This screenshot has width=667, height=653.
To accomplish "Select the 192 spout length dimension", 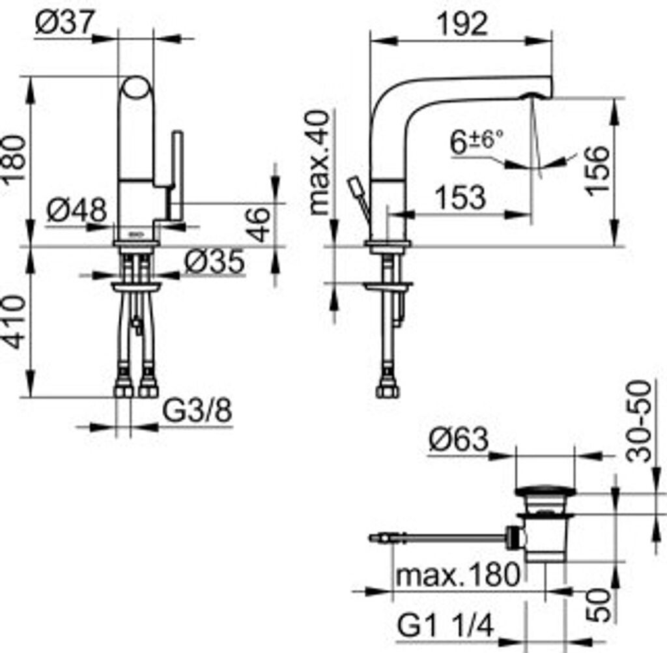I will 462,25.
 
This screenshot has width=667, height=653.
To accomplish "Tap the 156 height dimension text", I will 599,169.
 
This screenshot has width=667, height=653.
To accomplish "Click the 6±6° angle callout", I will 476,141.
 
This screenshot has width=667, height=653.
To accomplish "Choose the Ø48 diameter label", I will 77,210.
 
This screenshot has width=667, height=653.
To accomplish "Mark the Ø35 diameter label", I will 214,261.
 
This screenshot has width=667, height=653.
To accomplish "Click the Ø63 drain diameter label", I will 457,441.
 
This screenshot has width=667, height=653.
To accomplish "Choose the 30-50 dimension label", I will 641,421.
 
